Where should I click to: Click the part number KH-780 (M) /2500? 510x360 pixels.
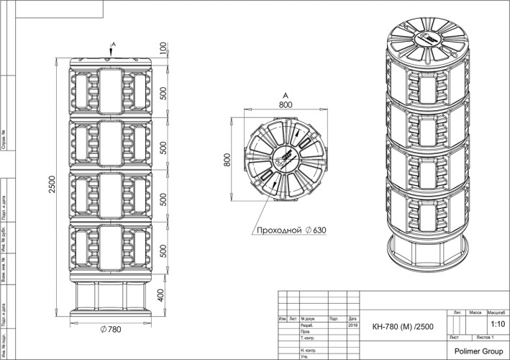tap(398, 325)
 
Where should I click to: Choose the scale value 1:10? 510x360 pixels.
tap(496, 325)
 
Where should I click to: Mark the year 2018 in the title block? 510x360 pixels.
tap(352, 325)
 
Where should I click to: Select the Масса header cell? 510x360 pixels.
tap(475, 314)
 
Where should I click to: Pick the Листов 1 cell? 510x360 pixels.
tap(489, 337)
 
